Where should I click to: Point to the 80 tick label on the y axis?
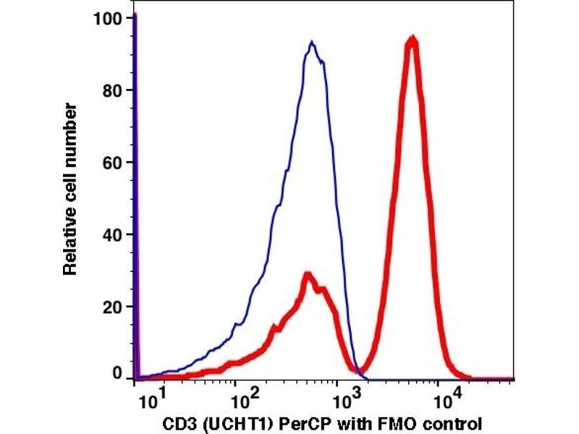tap(113, 90)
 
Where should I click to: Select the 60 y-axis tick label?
tap(113, 162)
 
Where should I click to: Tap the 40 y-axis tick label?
tap(113, 234)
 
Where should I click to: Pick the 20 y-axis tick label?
tap(113, 307)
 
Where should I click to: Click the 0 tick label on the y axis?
tap(117, 374)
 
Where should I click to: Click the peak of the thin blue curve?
tap(312, 43)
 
